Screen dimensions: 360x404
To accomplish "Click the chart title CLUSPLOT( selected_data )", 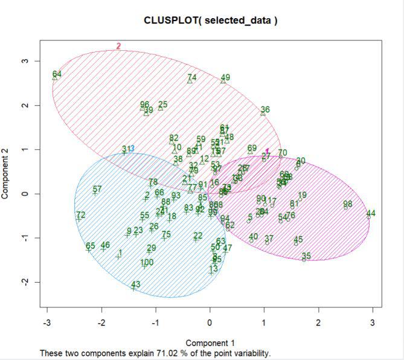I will (210, 20).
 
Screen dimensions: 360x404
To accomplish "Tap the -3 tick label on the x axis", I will (46, 322).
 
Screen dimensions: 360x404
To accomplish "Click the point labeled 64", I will (56, 77).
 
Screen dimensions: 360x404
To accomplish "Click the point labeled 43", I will (134, 288).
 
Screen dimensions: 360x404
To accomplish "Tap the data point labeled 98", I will (347, 207).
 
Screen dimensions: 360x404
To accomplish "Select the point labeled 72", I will (79, 218).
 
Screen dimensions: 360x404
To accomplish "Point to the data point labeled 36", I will (263, 112).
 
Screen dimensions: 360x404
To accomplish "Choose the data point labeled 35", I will (305, 259).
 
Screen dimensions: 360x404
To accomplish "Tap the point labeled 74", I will (191, 80).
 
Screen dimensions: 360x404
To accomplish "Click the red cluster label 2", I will (118, 46).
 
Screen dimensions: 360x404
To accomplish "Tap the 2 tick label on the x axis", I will (318, 322).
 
